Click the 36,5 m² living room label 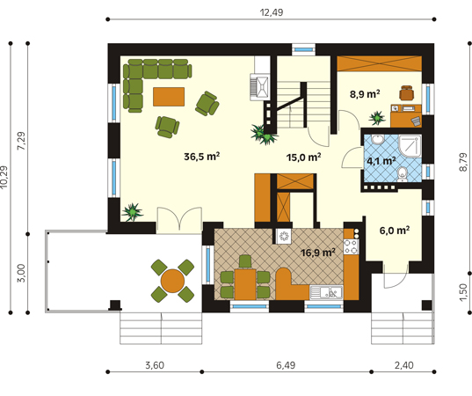coord(201,157)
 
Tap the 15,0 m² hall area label coord(303,157)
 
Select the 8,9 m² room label coord(365,94)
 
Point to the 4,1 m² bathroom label coord(381,161)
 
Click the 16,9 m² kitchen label coord(318,253)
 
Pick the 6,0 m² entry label coord(395,231)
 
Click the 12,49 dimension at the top coord(272,12)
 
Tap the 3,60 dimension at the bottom coord(155,365)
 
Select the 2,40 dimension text coord(404,365)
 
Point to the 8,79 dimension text coord(463,163)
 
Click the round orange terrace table coord(172,281)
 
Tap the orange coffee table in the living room coord(169,97)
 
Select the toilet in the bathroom coord(402,175)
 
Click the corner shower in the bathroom coord(410,146)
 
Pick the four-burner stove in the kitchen coord(351,246)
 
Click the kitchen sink coord(326,292)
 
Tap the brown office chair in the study coord(406,92)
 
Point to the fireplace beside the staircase coord(259,87)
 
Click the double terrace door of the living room coord(179,220)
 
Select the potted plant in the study coord(377,118)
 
